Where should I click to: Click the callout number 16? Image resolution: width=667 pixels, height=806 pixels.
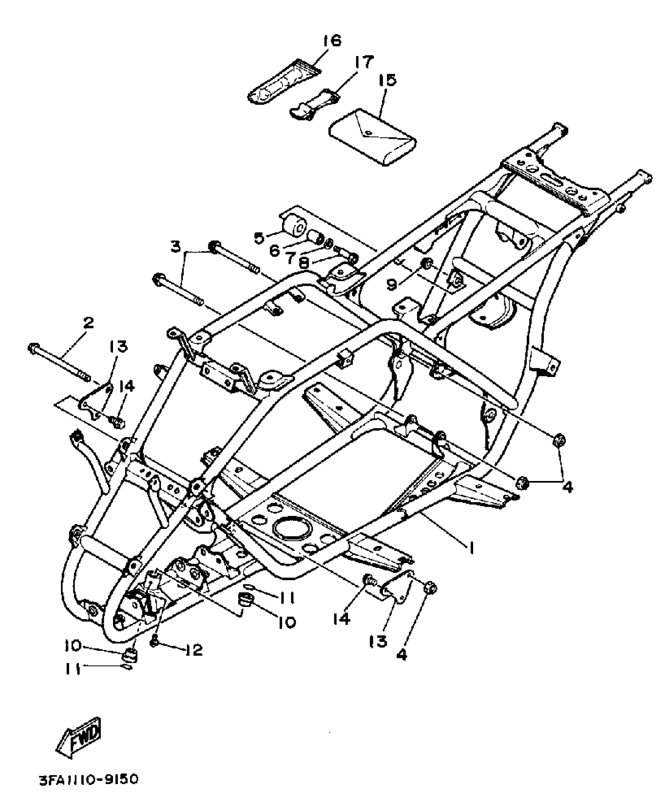click(333, 41)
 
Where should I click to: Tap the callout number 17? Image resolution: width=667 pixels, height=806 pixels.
click(364, 62)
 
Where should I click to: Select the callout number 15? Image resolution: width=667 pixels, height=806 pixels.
click(387, 80)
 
